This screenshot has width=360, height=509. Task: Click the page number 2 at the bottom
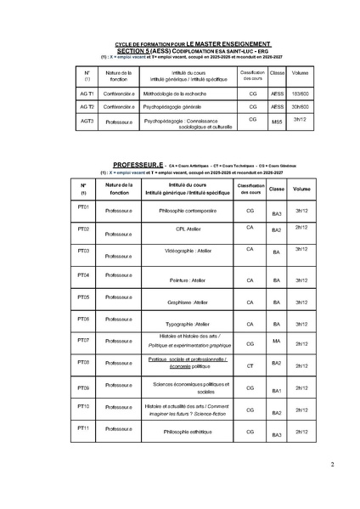(x=333, y=464)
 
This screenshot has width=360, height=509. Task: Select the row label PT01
(x=83, y=207)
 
